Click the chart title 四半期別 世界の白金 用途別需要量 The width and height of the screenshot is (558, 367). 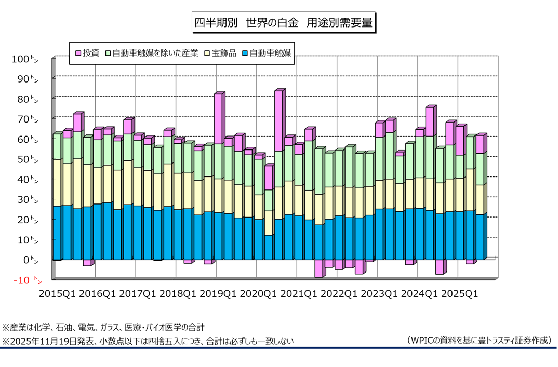point(282,23)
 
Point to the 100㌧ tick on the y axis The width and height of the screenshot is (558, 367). point(25,59)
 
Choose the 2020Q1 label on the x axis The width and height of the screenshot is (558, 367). point(259,294)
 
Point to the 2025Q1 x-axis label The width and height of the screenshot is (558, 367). point(460,294)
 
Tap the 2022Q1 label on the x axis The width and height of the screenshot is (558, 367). point(339,294)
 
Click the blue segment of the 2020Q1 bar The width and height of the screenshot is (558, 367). point(269,247)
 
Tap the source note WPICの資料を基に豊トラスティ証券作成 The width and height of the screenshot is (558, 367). point(479,341)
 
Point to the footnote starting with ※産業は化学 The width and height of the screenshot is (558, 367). point(103,328)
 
